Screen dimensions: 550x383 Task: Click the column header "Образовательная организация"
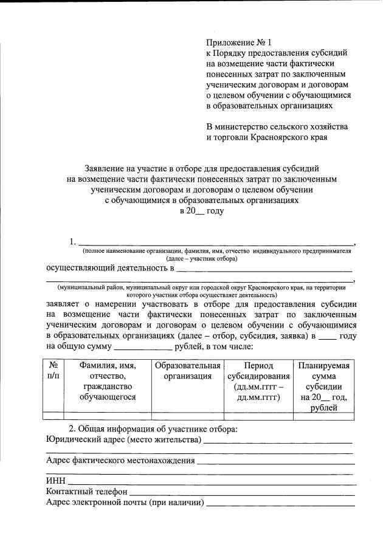click(x=187, y=371)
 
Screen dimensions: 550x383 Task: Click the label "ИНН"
click(x=55, y=480)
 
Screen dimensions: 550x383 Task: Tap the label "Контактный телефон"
click(x=87, y=491)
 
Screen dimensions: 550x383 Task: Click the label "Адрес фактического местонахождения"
click(x=120, y=460)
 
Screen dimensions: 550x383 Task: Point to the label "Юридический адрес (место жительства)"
click(x=123, y=439)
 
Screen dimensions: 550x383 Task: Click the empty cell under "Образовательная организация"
click(x=187, y=416)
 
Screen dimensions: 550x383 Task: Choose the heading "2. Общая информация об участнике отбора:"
click(x=153, y=429)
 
